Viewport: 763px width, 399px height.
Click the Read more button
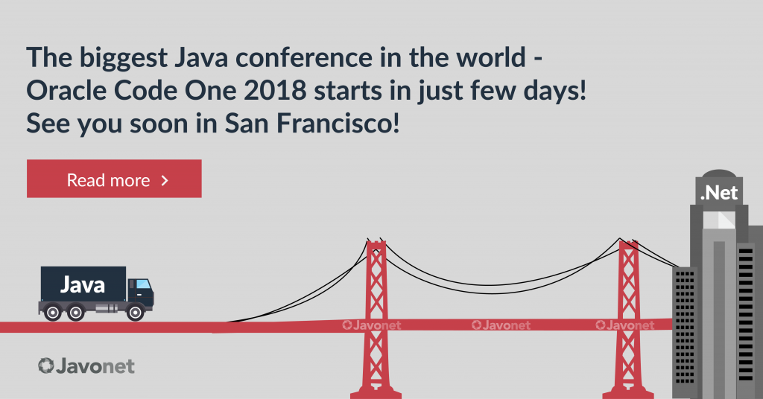click(x=114, y=179)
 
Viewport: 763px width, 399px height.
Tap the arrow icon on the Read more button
click(x=165, y=181)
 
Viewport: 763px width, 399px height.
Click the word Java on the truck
click(x=82, y=285)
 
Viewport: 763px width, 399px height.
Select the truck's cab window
click(x=142, y=284)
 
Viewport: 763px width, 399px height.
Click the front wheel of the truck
click(x=136, y=313)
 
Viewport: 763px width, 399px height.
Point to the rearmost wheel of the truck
click(x=53, y=313)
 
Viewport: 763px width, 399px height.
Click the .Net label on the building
click(x=719, y=194)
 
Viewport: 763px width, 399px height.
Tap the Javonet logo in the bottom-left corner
click(x=86, y=366)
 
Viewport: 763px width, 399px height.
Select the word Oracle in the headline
click(x=66, y=90)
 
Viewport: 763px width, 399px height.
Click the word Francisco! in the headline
click(x=338, y=124)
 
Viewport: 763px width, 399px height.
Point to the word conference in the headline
click(x=304, y=57)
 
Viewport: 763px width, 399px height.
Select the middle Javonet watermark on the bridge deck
click(x=501, y=325)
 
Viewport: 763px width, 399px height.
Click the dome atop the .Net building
click(x=719, y=174)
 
